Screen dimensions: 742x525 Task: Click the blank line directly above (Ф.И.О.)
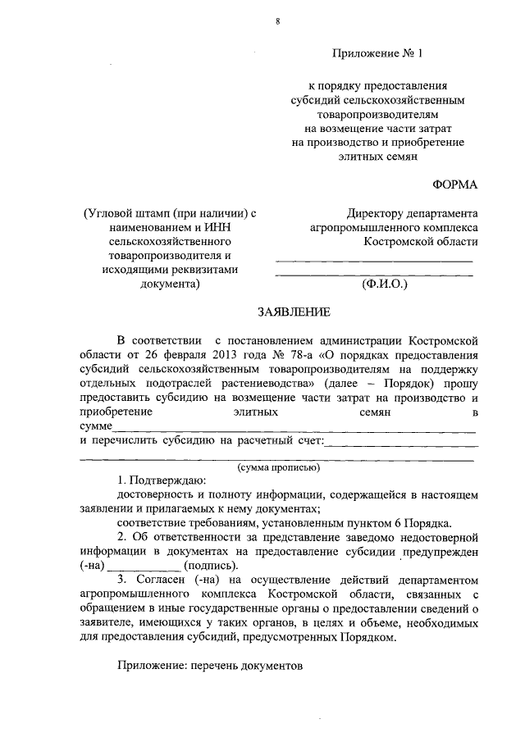374,274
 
